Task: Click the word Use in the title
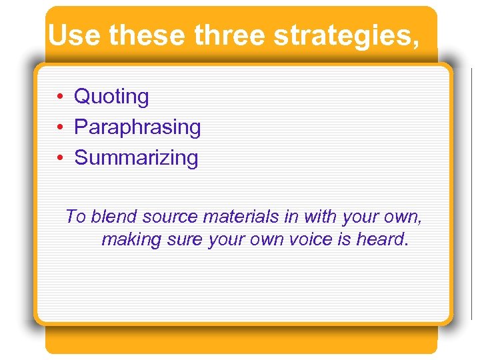75,35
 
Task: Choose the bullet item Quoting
111,97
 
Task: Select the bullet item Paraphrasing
137,127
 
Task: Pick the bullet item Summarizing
136,158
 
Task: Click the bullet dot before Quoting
59,97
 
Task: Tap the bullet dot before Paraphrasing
59,128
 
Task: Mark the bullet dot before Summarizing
59,159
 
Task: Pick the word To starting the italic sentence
76,217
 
